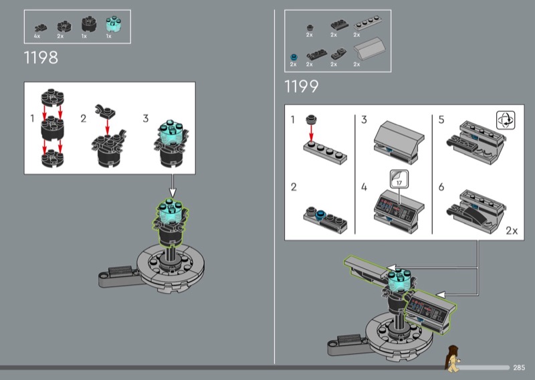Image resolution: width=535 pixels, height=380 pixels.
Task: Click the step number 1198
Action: pos(41,58)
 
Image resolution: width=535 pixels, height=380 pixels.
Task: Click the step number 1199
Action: pos(302,86)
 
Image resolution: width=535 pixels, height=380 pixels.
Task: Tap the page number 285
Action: pos(519,368)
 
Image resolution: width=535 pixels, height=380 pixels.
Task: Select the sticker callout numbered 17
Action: pos(399,179)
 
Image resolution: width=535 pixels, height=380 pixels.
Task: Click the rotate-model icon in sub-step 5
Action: pos(506,120)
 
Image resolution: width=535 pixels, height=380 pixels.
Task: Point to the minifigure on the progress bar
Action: pos(452,358)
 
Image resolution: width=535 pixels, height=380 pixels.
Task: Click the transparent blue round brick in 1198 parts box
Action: pos(113,25)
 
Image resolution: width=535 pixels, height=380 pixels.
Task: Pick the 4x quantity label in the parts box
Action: pos(37,36)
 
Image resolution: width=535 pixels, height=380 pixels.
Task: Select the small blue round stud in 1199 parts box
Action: pos(294,57)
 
